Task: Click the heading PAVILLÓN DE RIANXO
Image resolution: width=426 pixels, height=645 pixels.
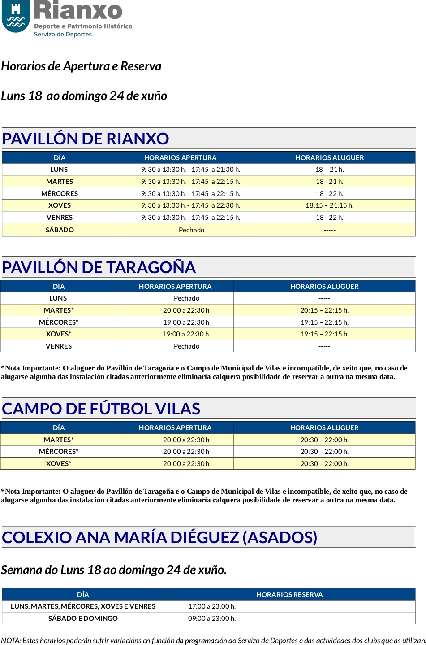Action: (86, 139)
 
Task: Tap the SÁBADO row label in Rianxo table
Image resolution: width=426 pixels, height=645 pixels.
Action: (60, 230)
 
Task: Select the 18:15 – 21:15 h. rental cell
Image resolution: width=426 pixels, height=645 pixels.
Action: (329, 205)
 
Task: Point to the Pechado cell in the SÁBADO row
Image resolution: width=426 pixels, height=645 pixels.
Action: (191, 230)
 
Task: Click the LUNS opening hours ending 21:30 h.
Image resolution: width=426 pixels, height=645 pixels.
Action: (190, 170)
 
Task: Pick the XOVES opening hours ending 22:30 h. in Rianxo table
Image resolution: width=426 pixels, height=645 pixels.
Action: (190, 205)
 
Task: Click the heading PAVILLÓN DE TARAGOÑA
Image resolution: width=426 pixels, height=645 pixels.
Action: (99, 267)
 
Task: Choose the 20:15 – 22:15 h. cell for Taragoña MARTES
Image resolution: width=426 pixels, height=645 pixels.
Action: (324, 310)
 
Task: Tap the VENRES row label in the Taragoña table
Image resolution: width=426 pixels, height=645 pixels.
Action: (59, 346)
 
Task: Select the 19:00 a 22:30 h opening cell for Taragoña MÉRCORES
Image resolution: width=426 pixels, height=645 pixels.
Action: (186, 322)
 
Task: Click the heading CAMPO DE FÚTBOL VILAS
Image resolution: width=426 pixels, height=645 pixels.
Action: (101, 409)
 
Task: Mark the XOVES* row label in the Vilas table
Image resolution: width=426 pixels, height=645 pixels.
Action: (59, 464)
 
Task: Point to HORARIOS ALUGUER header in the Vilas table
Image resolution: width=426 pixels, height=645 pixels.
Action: (324, 428)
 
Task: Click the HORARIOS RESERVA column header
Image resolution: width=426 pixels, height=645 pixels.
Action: (289, 595)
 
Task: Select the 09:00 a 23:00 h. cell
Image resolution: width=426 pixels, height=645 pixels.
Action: (212, 619)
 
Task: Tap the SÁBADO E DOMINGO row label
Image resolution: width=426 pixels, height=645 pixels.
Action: (83, 619)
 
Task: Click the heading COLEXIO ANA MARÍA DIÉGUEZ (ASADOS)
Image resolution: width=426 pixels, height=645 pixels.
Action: (159, 537)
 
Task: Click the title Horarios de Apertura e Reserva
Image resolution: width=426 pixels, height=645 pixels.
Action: (81, 66)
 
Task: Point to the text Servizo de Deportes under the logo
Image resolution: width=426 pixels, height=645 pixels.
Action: (63, 35)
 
